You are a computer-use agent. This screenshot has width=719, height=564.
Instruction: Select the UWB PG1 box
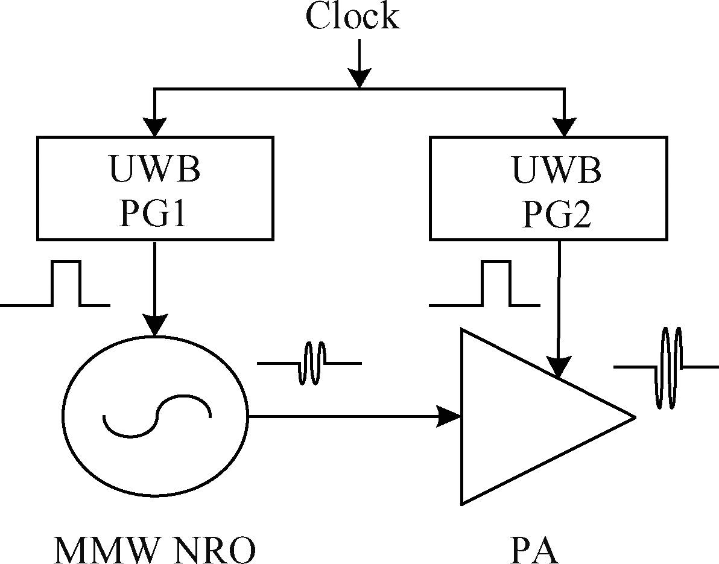click(155, 188)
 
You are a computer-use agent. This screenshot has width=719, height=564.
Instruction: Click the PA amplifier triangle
click(531, 416)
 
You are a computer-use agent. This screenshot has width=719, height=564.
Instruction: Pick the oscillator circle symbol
click(156, 416)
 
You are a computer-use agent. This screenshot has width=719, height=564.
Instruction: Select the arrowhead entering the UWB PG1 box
click(155, 127)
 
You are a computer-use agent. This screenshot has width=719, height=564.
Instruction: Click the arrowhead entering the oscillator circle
click(155, 326)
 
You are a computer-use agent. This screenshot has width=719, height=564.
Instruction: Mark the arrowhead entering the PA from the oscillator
click(449, 416)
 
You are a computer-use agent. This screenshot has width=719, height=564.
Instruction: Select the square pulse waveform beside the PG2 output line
click(483, 284)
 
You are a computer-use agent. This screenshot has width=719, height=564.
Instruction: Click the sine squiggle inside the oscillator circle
click(157, 416)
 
